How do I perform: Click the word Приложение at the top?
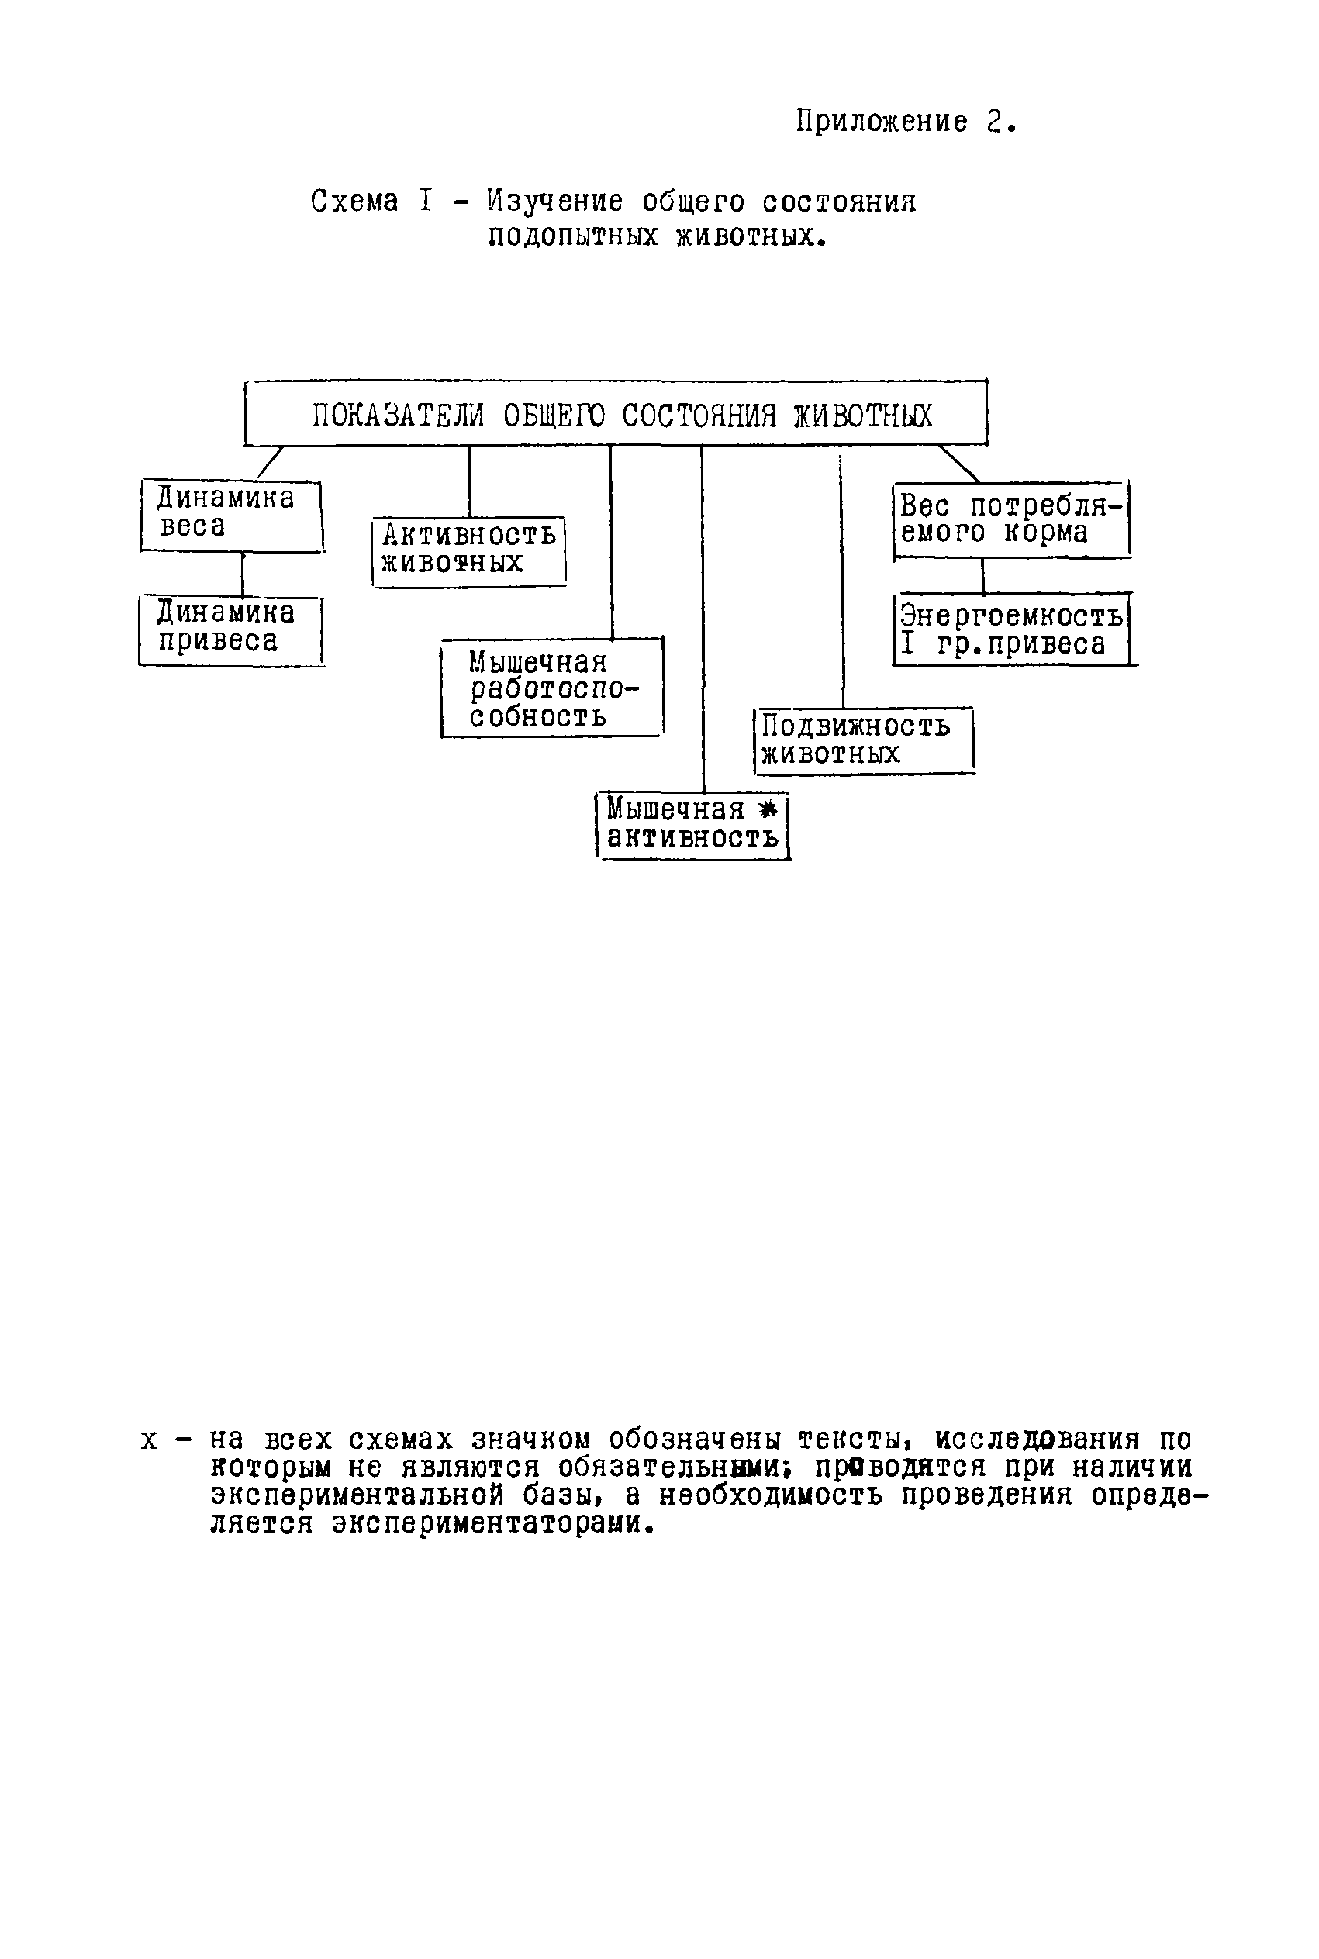coord(881,122)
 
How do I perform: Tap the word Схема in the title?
coord(354,202)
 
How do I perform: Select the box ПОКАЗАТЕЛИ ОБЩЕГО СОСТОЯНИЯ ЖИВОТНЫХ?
coord(616,414)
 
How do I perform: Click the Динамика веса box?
coord(230,515)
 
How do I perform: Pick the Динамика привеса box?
coord(230,629)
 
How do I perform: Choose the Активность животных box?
coord(468,550)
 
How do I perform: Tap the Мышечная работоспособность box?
coord(552,688)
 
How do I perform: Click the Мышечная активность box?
coord(692,824)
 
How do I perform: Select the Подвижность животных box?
coord(863,740)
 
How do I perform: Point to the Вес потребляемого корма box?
coord(1010,519)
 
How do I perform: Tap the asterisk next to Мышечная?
coord(766,809)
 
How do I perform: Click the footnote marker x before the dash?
coord(149,1440)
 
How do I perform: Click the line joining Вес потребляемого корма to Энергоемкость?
coord(982,576)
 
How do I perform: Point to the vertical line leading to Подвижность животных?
coord(842,580)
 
